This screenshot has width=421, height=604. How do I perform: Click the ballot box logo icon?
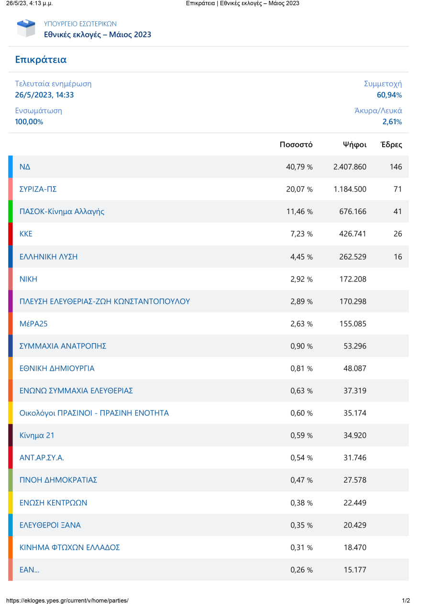(x=26, y=28)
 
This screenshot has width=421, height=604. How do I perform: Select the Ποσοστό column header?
(x=296, y=145)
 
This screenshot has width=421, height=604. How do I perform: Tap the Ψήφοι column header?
(x=355, y=145)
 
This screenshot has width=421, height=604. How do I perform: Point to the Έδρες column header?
(x=391, y=145)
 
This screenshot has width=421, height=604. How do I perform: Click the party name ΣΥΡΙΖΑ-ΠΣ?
(x=38, y=189)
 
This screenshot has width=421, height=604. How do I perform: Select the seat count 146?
(x=396, y=167)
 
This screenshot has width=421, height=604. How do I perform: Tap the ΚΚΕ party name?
(x=26, y=234)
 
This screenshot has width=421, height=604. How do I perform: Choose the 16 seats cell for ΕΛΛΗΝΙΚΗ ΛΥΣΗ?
(x=398, y=257)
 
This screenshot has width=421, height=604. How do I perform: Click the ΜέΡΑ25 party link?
(x=33, y=324)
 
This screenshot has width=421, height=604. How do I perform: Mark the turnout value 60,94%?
(x=389, y=95)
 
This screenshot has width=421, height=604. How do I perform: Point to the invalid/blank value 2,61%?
(x=392, y=122)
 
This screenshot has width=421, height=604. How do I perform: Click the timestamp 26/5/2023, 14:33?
(x=44, y=95)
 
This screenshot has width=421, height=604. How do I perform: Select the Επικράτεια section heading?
(x=41, y=60)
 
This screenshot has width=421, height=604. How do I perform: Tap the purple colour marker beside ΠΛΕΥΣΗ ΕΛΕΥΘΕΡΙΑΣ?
(x=11, y=302)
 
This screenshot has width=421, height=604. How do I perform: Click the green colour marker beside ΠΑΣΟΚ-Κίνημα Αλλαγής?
(x=11, y=212)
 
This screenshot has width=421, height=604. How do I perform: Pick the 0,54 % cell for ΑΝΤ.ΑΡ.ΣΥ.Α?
(x=301, y=458)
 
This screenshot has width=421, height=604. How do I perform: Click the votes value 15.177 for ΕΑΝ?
(x=355, y=570)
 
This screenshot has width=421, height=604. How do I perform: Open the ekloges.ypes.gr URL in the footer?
(x=67, y=600)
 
